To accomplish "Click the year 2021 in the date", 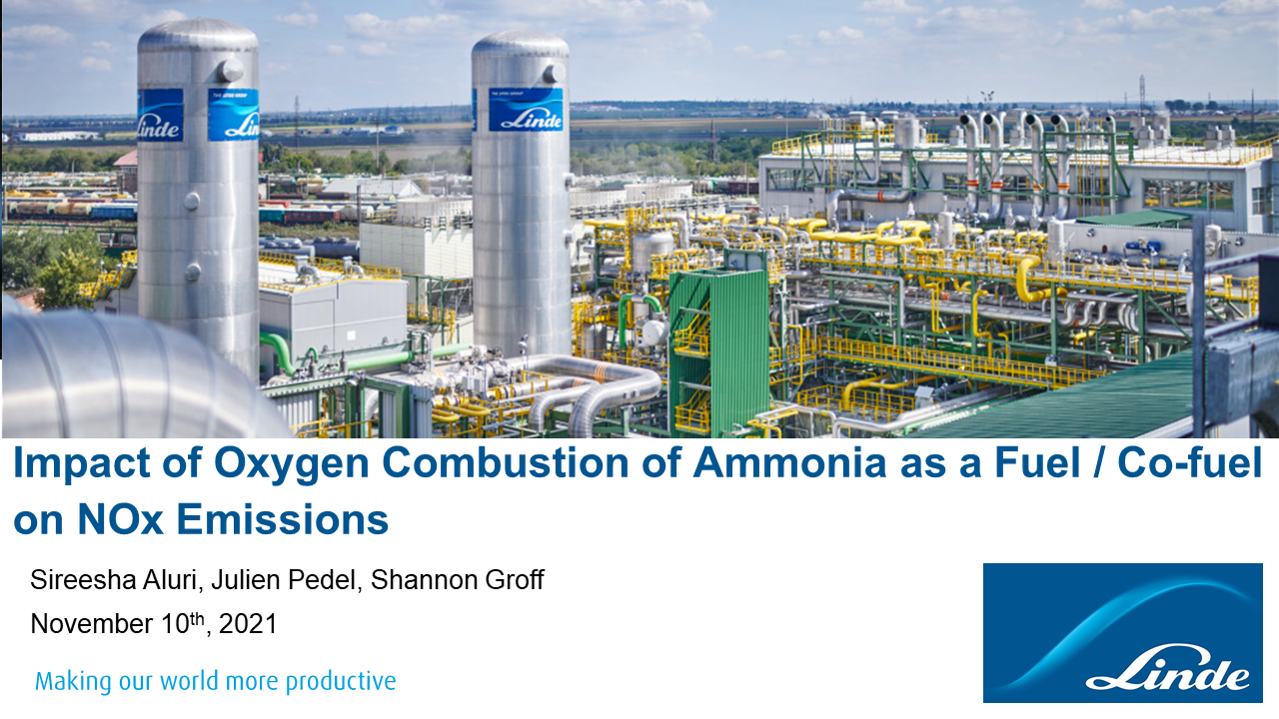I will tap(248, 625).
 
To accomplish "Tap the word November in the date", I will tap(91, 625).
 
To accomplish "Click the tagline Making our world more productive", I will tap(216, 682).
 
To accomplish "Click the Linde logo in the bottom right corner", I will tap(1122, 632).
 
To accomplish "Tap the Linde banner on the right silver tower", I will tap(525, 110).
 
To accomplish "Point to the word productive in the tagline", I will tap(341, 682).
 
